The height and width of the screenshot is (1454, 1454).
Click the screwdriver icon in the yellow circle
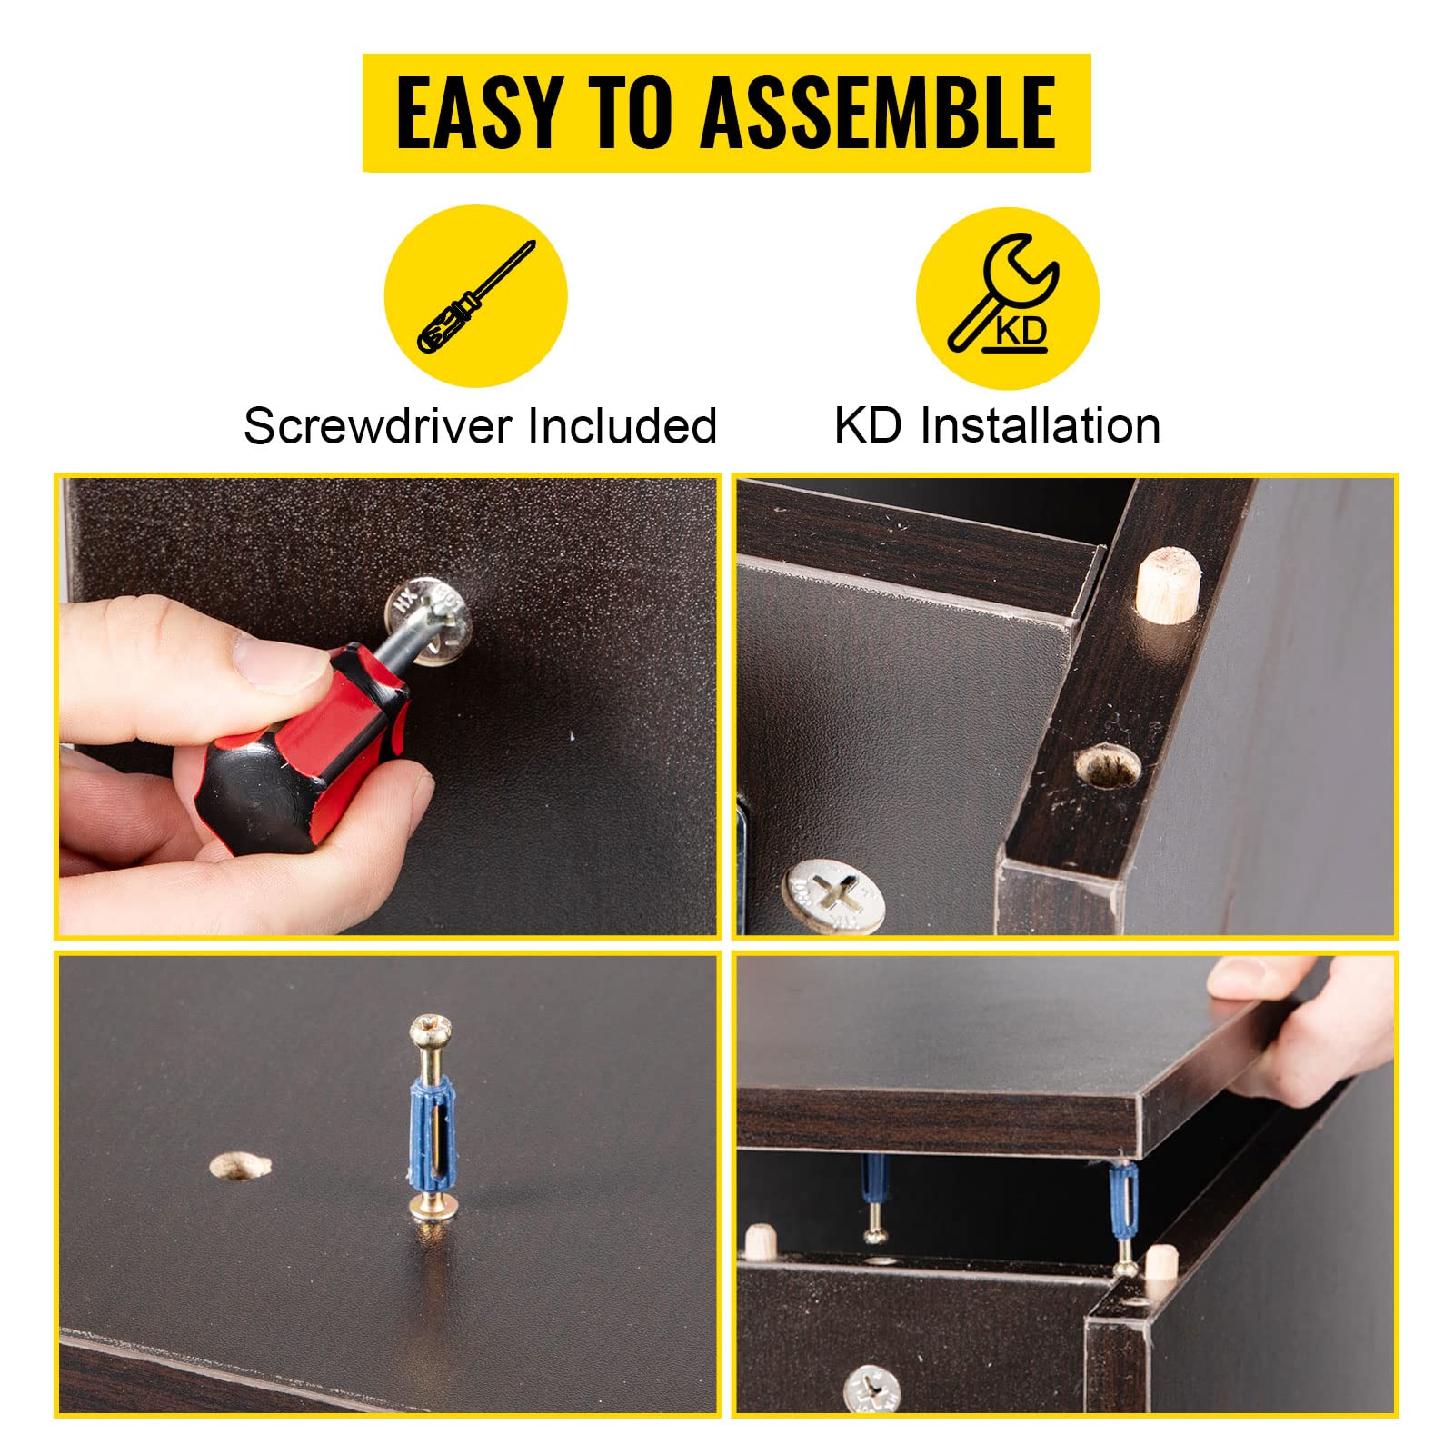476,296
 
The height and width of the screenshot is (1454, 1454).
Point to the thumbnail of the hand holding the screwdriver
388,706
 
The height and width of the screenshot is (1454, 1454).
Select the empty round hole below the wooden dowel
1107,766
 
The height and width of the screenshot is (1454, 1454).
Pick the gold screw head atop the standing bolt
431,1031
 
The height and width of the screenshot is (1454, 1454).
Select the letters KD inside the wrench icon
1021,331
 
